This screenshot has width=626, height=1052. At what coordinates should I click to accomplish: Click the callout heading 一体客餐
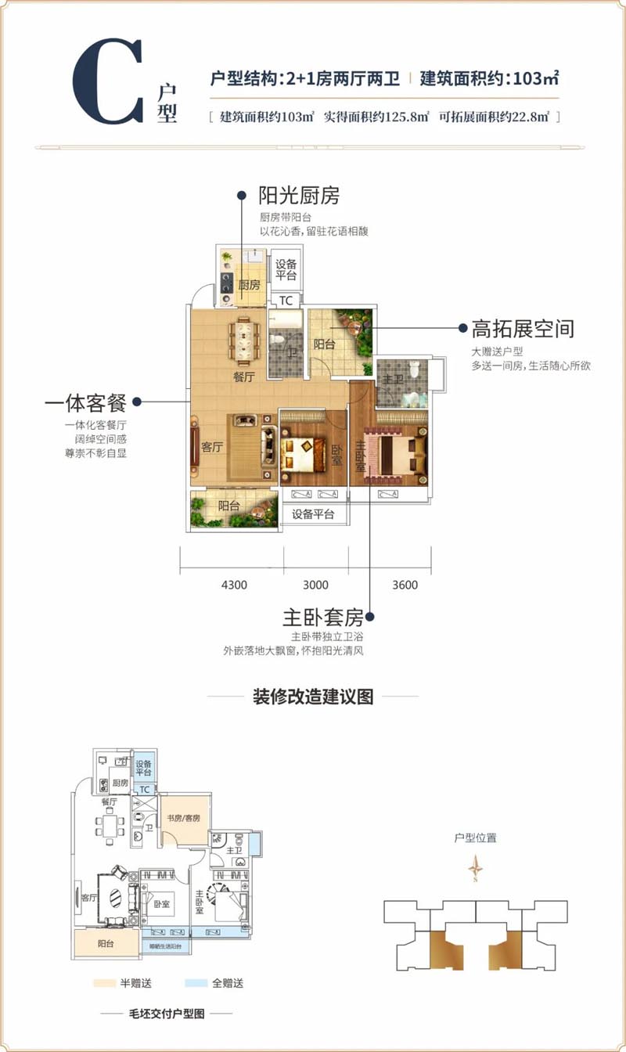[86, 403]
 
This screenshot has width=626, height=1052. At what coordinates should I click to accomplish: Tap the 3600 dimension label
[405, 585]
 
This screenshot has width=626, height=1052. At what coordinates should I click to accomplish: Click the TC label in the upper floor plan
[286, 301]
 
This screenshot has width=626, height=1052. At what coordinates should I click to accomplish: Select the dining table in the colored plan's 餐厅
[243, 340]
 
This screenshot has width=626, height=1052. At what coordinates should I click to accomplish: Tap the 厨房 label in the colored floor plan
[248, 286]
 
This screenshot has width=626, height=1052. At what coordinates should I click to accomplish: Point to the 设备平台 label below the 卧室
[313, 514]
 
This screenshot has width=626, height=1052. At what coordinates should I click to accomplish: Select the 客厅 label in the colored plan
[211, 448]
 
